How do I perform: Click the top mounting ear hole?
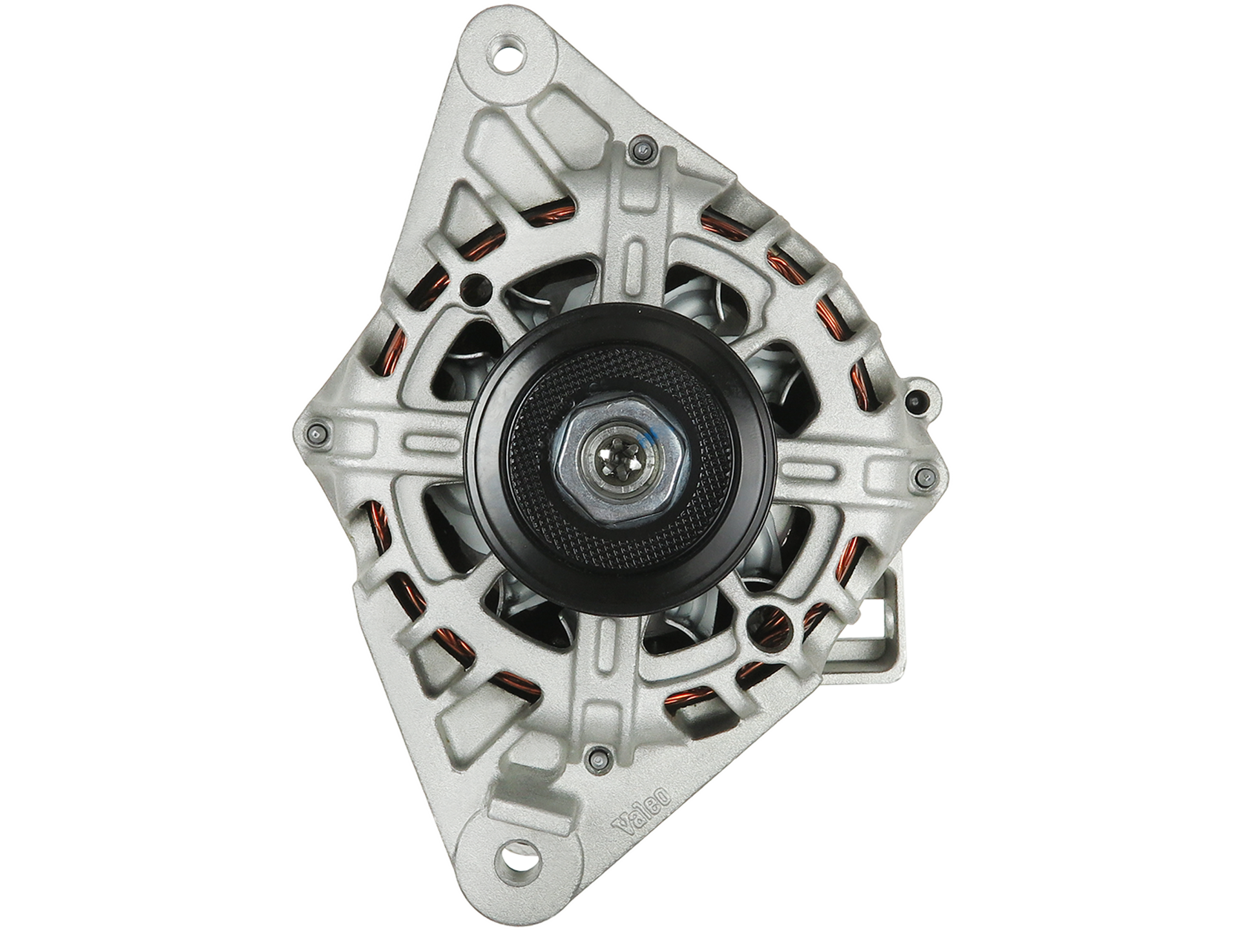pos(508,52)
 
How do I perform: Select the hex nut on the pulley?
pos(610,459)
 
